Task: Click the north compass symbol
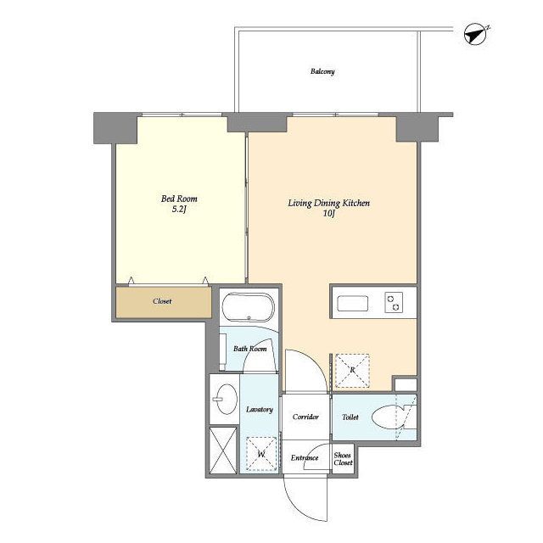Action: tap(476, 34)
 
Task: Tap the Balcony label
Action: tap(322, 71)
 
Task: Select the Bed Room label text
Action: tap(179, 199)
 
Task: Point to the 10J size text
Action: tap(328, 214)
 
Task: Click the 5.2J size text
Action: tap(179, 210)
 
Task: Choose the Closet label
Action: tap(162, 301)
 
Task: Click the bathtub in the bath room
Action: tap(248, 307)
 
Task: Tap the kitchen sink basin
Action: tap(353, 304)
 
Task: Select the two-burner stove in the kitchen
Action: tap(394, 302)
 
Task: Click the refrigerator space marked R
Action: tap(352, 370)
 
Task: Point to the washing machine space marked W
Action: tap(261, 454)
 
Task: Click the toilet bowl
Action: tap(389, 417)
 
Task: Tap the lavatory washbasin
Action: tap(227, 399)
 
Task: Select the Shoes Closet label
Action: tap(343, 459)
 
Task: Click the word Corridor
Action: tap(305, 417)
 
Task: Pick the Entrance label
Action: tap(305, 458)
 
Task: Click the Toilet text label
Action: tap(350, 417)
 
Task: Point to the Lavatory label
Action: tap(260, 410)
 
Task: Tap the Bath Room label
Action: tap(250, 349)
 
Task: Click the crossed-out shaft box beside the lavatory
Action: tap(223, 451)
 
